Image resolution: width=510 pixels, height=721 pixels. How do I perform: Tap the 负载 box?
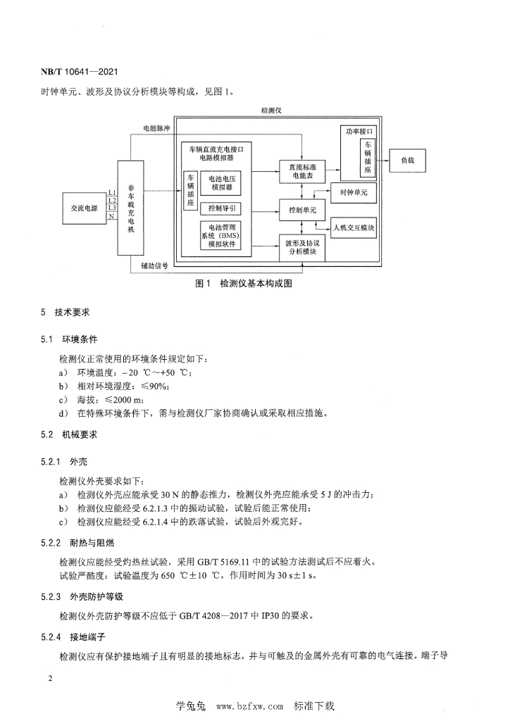tap(409, 161)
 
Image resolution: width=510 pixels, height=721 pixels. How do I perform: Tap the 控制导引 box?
tap(220, 208)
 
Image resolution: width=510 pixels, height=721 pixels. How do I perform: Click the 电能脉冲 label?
tap(156, 129)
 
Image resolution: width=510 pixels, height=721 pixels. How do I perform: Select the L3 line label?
tap(111, 208)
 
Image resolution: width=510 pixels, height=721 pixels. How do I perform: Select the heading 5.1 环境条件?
tap(72, 340)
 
